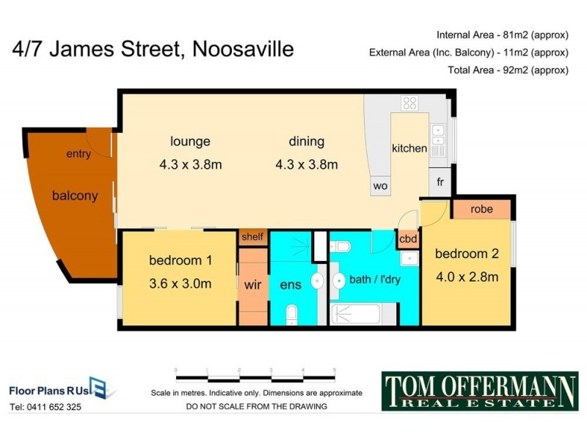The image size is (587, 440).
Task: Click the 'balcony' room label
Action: click(x=74, y=196)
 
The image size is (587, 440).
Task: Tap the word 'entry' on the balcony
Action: click(x=79, y=154)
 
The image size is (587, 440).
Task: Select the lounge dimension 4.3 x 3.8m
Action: click(x=190, y=164)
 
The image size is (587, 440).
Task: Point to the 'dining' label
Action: click(x=306, y=142)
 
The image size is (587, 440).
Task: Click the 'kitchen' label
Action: click(x=409, y=148)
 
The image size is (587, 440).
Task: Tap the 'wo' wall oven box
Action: click(x=380, y=186)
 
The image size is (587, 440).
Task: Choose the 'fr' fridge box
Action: click(x=440, y=181)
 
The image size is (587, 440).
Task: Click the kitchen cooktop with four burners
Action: click(x=409, y=103)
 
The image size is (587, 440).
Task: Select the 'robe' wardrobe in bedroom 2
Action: click(x=481, y=208)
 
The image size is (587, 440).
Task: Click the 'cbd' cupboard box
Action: click(x=408, y=238)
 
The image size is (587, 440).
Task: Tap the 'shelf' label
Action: click(x=252, y=237)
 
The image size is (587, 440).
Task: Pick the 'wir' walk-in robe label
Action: click(x=252, y=284)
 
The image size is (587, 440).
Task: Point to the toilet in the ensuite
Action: click(x=291, y=315)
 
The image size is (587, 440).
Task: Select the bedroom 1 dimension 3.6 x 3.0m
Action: click(x=180, y=283)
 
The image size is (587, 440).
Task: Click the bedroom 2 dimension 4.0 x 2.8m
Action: click(x=467, y=276)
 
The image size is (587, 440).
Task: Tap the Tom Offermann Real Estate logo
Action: click(x=480, y=390)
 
